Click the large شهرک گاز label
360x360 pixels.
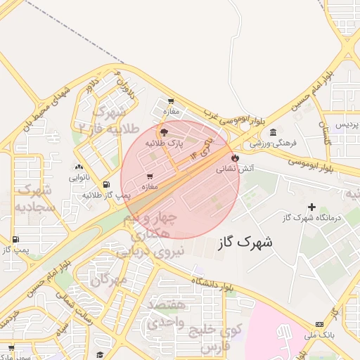[x=245, y=242]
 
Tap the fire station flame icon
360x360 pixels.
[x=235, y=158]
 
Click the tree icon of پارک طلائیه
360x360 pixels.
[x=164, y=132]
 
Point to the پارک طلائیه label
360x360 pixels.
[x=165, y=143]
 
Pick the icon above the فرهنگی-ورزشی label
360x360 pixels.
[x=273, y=132]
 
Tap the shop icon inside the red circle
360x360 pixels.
[x=149, y=176]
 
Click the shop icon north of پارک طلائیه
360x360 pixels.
[x=171, y=101]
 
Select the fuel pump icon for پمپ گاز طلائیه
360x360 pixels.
[x=106, y=185]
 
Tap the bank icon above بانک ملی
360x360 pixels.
[x=320, y=324]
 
